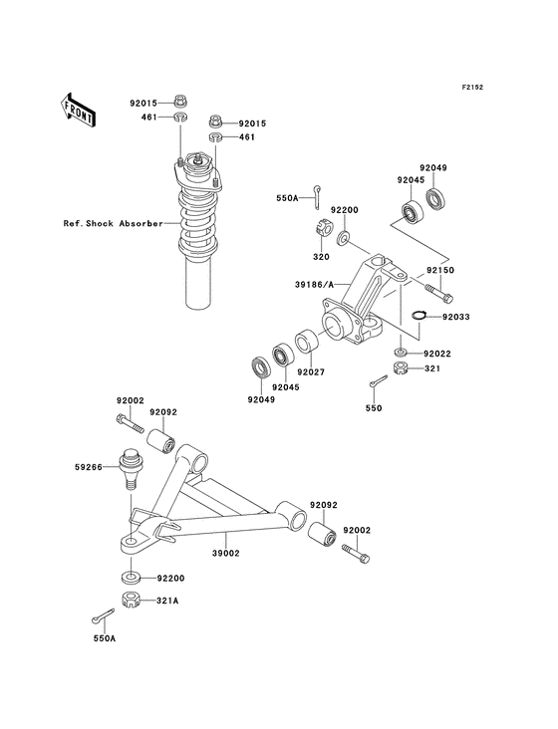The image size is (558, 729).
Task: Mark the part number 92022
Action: coord(439,353)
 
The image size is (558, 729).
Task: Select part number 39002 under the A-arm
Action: coord(227,552)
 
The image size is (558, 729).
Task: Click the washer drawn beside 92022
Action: coord(400,353)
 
